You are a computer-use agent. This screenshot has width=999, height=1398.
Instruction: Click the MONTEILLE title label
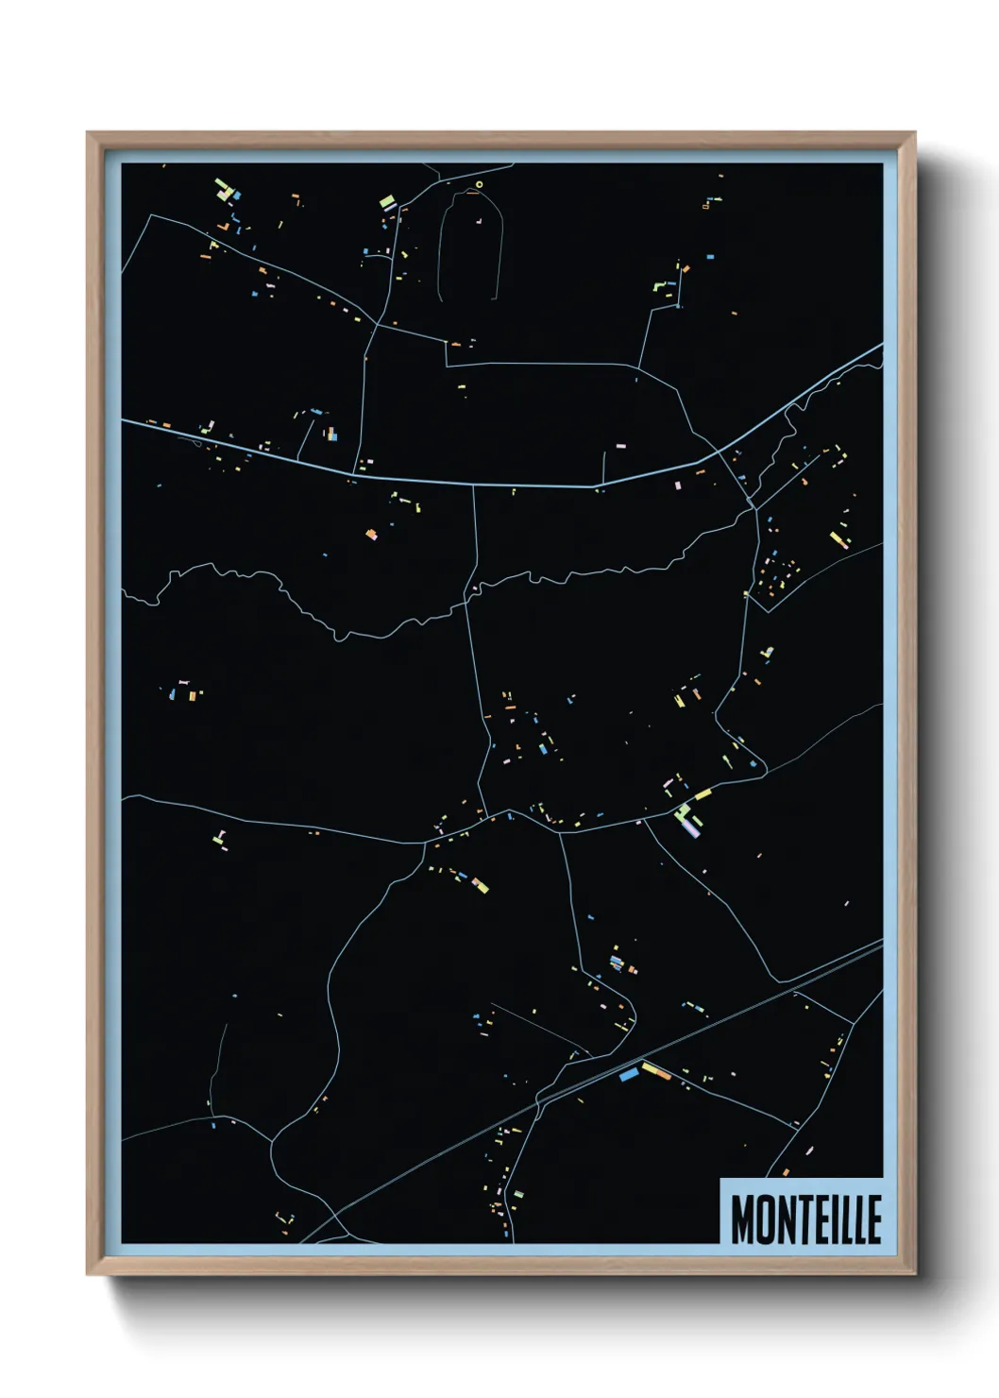(x=805, y=1219)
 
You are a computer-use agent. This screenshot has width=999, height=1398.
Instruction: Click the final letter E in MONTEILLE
(x=873, y=1219)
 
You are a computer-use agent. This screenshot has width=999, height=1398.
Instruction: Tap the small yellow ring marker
(x=479, y=184)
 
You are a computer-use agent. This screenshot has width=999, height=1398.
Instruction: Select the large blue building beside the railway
(x=629, y=1074)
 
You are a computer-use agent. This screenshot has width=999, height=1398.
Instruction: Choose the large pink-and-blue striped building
(x=692, y=827)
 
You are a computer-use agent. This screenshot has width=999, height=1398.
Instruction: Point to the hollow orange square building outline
(x=705, y=206)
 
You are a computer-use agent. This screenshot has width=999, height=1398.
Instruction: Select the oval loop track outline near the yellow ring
(x=469, y=246)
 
